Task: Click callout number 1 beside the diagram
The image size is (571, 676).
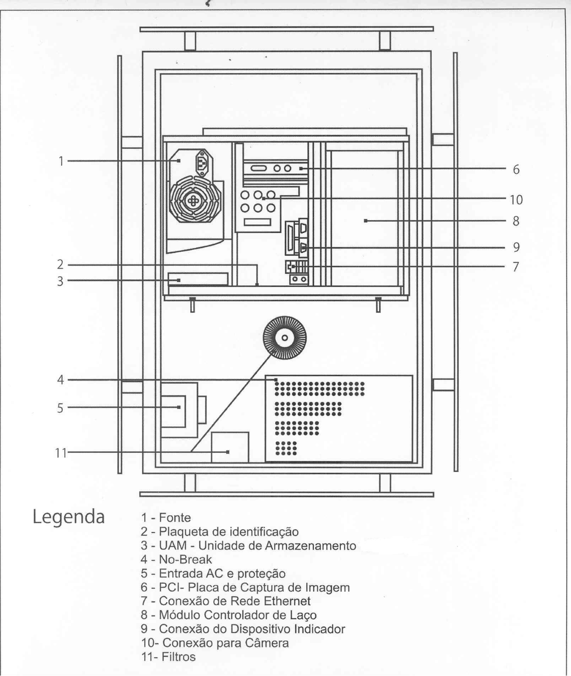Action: (x=61, y=161)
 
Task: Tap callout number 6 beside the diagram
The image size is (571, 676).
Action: (x=516, y=169)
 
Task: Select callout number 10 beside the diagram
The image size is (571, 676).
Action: (x=516, y=200)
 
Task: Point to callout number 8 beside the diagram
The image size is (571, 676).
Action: (x=516, y=221)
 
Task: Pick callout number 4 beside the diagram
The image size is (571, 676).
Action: (x=61, y=380)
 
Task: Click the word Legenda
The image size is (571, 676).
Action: (x=68, y=517)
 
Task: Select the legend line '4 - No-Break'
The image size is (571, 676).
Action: (x=176, y=559)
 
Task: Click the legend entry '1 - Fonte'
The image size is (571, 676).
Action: (x=166, y=518)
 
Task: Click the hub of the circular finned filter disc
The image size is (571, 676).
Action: (x=285, y=338)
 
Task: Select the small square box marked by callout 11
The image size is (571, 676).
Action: (x=230, y=447)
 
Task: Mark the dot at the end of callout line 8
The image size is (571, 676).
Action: (x=365, y=221)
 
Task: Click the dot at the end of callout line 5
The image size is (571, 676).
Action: (x=179, y=407)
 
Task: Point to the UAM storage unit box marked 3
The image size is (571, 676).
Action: (x=198, y=279)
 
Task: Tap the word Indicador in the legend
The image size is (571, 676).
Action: (x=320, y=629)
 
